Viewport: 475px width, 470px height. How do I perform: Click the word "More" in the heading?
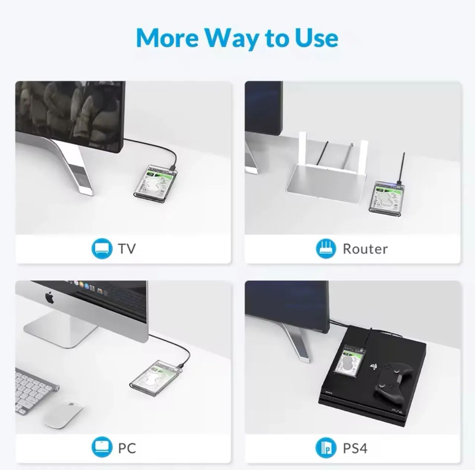tap(167, 38)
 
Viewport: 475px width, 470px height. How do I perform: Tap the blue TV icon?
tap(102, 248)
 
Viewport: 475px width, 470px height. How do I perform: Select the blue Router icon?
tap(326, 248)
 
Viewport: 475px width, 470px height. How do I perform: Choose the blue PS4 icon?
tap(326, 448)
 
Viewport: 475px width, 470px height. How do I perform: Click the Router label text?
tap(365, 249)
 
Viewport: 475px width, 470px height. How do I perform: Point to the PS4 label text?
tap(355, 448)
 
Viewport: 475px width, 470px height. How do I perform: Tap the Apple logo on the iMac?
tap(50, 297)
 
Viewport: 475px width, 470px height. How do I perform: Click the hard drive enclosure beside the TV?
tap(155, 182)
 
